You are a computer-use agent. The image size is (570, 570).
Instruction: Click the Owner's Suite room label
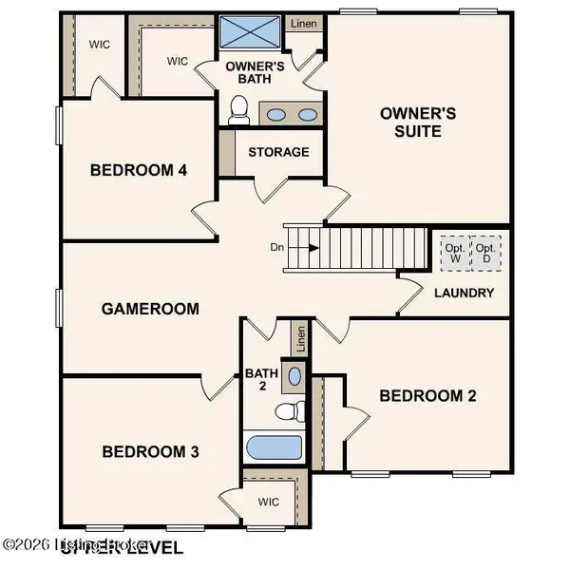pos(418,122)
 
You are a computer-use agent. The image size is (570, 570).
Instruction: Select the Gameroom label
pos(150,308)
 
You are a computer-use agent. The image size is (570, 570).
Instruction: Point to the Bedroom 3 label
pos(150,451)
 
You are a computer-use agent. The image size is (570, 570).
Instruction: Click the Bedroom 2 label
pos(427,396)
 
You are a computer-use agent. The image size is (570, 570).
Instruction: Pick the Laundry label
pos(465,293)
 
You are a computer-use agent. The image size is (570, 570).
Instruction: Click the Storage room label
pos(278,152)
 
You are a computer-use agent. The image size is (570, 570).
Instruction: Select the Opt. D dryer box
pos(487,252)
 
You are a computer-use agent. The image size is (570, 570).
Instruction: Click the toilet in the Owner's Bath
pos(239,111)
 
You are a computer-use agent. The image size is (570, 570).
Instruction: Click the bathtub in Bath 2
pos(273,447)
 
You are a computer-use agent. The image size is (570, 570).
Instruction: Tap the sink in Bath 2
pos(294,375)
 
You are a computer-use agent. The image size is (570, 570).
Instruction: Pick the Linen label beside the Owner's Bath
pos(304,24)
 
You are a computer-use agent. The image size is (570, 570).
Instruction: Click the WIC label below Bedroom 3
pos(268,503)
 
